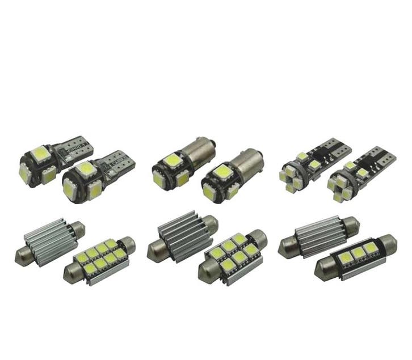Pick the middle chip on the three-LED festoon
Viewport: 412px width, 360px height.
[358, 253]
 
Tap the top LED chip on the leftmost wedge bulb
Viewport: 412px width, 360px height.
[39, 153]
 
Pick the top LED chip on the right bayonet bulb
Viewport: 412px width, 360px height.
[221, 171]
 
